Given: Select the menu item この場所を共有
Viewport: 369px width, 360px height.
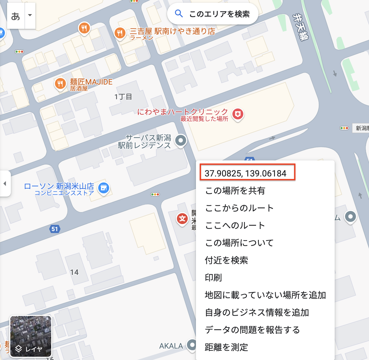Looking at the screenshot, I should point(235,191).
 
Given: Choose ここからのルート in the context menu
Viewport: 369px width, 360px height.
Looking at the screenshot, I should point(239,208).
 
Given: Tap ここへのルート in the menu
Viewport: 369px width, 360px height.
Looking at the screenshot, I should point(235,225).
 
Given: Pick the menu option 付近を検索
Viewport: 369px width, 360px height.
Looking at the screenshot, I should point(226,260).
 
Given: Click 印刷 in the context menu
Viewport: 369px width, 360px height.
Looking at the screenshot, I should point(213,278).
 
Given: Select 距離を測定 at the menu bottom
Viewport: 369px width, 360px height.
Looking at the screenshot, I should point(226,347).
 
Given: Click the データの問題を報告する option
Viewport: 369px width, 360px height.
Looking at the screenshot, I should point(252,330).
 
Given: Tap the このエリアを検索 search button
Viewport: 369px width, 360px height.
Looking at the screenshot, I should point(213,14).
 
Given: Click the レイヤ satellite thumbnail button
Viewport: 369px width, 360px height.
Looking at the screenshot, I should point(31,336).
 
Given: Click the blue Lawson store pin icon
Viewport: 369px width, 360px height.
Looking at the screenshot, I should point(104,188).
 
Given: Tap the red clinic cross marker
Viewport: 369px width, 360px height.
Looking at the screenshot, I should point(238,114).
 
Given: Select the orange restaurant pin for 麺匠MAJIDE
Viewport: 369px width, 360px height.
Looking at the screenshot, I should point(60,83).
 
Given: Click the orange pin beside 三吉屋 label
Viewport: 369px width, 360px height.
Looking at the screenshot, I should point(120,33).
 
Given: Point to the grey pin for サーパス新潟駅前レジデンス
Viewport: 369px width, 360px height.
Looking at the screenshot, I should point(181,141).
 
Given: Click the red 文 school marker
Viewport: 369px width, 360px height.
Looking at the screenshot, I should point(182,219).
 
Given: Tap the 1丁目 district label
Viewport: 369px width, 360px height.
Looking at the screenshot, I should point(123,97).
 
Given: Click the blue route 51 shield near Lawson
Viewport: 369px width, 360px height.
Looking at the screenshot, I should point(55,229).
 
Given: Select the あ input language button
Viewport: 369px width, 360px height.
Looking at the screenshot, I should point(16,16).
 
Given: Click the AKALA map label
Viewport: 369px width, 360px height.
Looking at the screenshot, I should point(171,346).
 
